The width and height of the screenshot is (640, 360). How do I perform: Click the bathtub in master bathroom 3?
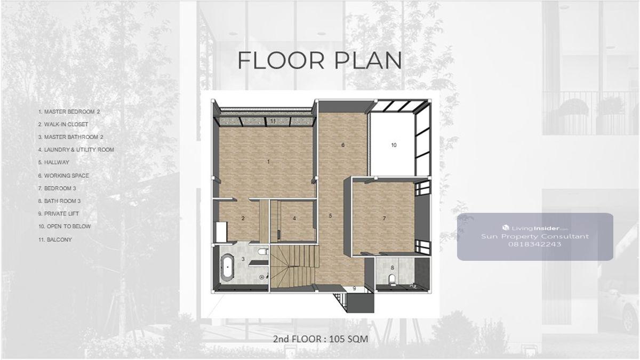227,266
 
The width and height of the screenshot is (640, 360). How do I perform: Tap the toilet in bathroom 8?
393,280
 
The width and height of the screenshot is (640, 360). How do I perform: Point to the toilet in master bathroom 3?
262,252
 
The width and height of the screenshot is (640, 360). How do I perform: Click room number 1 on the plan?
268,162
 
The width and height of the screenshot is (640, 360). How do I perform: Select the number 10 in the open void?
394,145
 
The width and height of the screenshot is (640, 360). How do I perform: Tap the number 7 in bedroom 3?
385,218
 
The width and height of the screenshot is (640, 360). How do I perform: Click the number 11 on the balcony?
273,121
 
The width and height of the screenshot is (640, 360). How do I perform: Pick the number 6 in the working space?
343,145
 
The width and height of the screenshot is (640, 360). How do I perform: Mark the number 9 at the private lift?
354,289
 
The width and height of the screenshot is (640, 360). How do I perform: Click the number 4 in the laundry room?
294,218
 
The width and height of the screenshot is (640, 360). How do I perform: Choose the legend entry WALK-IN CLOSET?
63,124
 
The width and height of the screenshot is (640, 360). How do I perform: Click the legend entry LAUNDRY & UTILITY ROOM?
76,149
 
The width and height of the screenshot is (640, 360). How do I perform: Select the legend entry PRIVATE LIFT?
59,213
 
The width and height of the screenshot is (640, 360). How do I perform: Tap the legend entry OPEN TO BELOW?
65,226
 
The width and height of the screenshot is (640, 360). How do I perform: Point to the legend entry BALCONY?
55,239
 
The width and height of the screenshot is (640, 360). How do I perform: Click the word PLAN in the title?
368,61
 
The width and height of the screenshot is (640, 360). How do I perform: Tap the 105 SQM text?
349,339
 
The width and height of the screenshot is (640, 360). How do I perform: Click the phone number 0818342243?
535,244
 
